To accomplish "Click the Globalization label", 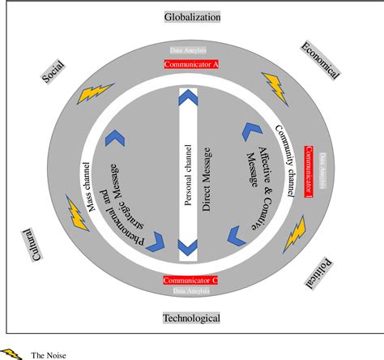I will (192, 16).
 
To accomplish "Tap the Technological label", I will (192, 318).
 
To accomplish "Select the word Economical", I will (318, 59).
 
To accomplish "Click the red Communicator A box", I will (191, 63).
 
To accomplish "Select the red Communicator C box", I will (190, 280).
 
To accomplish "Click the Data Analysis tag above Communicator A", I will (192, 50).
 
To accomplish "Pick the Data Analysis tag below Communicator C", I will (191, 290).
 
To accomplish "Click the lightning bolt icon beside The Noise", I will (12, 353).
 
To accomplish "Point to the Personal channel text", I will (188, 177).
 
